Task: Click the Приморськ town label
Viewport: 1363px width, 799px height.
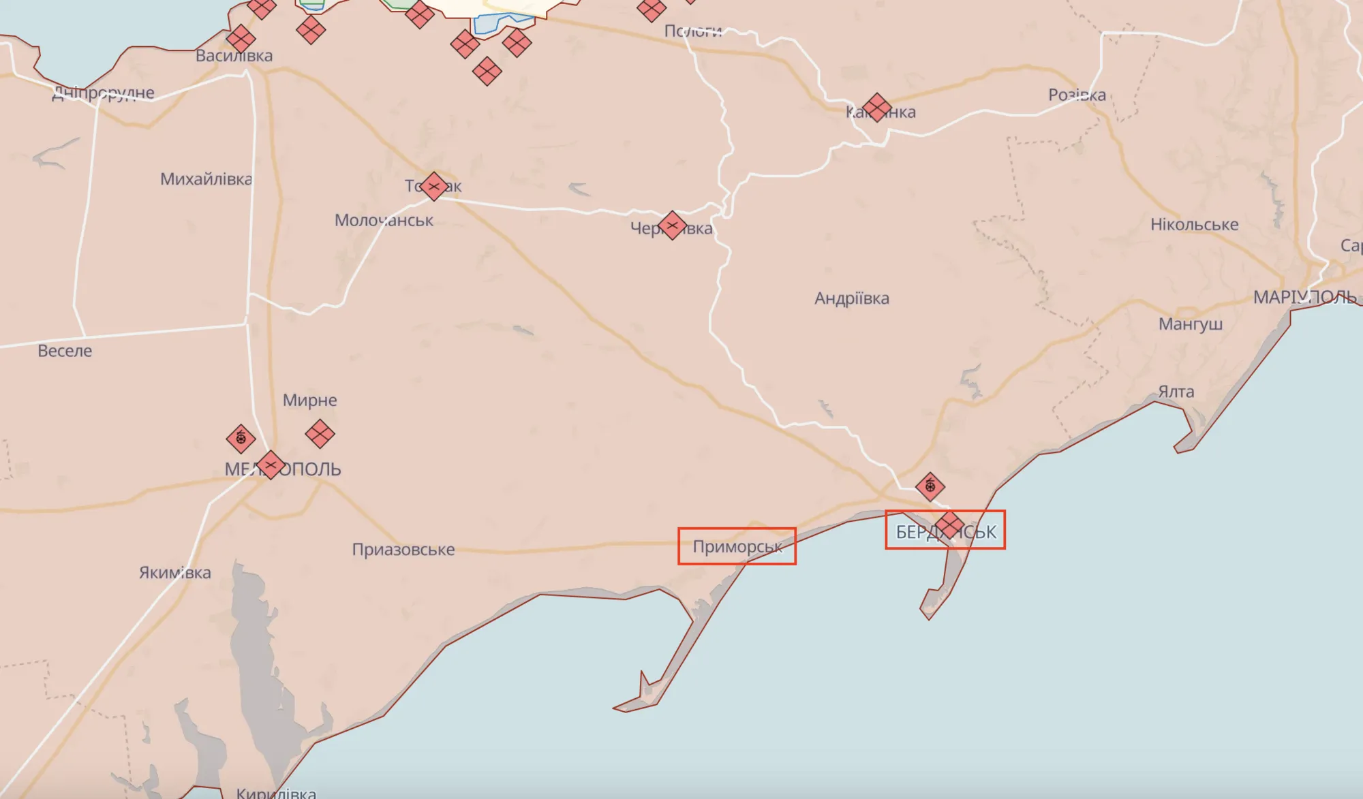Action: (x=737, y=547)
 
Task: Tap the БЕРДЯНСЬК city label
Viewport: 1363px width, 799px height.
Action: (x=945, y=532)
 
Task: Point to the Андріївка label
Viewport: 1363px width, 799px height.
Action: (x=852, y=298)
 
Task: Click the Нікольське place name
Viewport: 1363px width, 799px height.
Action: (x=1194, y=225)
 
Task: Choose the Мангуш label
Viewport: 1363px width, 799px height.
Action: (x=1191, y=324)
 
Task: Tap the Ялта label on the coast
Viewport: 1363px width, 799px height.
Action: (x=1176, y=392)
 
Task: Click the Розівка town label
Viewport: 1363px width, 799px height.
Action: (x=1077, y=95)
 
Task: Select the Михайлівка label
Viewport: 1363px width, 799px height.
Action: (x=206, y=179)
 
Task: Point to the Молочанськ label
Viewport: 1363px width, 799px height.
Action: (x=384, y=221)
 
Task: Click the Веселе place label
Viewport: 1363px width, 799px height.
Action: (x=65, y=351)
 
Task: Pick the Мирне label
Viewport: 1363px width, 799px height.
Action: (x=310, y=400)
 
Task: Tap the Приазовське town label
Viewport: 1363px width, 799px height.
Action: (x=403, y=550)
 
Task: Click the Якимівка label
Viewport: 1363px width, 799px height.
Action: (x=175, y=573)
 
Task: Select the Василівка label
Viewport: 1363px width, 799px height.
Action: (x=234, y=56)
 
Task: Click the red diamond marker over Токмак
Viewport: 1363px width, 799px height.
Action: (x=434, y=186)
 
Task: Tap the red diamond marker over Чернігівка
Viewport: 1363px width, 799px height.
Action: (x=672, y=225)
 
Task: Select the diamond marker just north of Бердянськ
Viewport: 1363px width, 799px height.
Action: (x=930, y=486)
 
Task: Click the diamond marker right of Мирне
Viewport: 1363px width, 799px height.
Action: (x=320, y=433)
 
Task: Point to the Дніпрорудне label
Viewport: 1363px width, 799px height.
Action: (x=104, y=93)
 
